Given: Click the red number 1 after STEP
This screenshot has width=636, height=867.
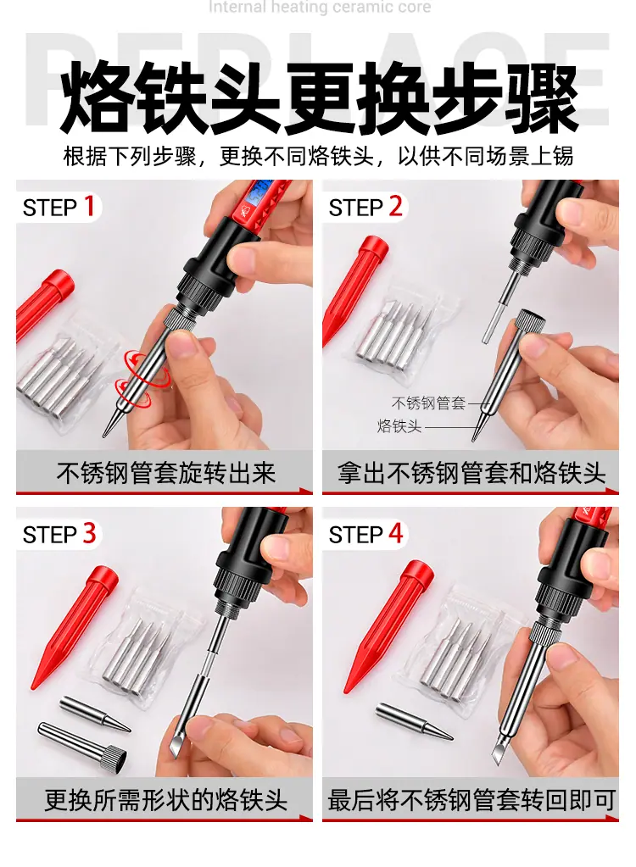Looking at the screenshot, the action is pyautogui.click(x=90, y=206).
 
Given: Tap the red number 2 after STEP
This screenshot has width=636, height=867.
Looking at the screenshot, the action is pyautogui.click(x=395, y=206).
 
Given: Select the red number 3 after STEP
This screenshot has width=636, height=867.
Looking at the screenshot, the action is pyautogui.click(x=90, y=534).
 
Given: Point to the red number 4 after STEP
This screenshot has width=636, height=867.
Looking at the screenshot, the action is pyautogui.click(x=396, y=534).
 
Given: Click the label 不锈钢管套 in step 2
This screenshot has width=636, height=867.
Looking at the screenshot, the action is pyautogui.click(x=428, y=403).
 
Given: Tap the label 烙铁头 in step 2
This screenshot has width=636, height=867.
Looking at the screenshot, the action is pyautogui.click(x=399, y=426).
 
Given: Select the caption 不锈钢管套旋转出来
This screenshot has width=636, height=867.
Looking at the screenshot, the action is pyautogui.click(x=165, y=473).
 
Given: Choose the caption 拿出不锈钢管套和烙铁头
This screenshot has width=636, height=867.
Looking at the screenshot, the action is pyautogui.click(x=471, y=473).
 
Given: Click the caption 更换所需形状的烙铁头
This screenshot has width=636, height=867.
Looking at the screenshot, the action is pyautogui.click(x=165, y=800).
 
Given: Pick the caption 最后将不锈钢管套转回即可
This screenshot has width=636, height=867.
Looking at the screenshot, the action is pyautogui.click(x=471, y=800).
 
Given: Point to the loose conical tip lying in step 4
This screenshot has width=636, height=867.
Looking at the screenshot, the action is pyautogui.click(x=414, y=721).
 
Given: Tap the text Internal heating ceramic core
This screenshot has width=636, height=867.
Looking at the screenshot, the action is pyautogui.click(x=320, y=7).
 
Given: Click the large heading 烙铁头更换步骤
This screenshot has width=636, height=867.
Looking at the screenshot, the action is pyautogui.click(x=319, y=99).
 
